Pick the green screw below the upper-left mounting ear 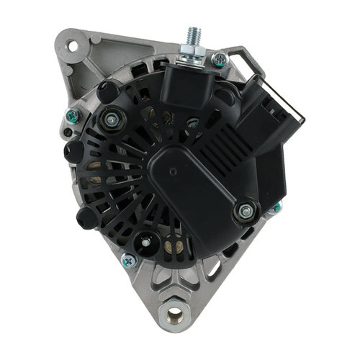click(x=71, y=115)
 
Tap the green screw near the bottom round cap click(x=129, y=261)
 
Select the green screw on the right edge click(x=274, y=209)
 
